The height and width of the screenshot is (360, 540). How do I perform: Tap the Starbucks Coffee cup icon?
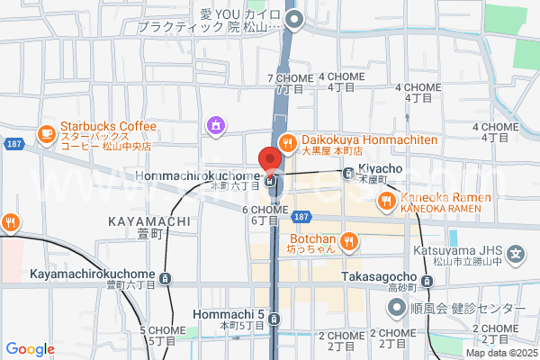[45, 133]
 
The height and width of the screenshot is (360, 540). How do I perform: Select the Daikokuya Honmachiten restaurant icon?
[288, 141]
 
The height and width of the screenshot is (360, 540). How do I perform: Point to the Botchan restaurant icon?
[350, 240]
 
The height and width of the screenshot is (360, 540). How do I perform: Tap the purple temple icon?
[216, 124]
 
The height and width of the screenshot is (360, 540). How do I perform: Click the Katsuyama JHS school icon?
[516, 253]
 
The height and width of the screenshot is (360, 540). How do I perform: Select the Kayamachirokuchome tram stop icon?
[164, 278]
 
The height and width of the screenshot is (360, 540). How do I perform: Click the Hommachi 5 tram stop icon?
[275, 319]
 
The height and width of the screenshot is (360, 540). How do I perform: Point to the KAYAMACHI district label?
[148, 220]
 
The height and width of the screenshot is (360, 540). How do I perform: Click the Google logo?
[30, 349]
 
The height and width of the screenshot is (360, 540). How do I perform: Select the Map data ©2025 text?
[499, 354]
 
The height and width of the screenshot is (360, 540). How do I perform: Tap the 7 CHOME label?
[290, 78]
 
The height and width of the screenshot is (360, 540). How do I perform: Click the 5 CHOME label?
[161, 330]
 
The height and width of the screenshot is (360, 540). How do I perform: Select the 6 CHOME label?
[265, 209]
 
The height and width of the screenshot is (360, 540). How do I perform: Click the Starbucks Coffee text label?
[108, 127]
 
